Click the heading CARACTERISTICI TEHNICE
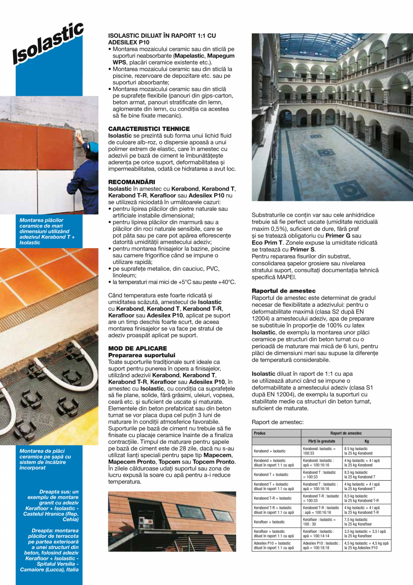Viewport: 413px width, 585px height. click(x=149, y=129)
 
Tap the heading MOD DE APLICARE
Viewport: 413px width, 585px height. click(x=137, y=348)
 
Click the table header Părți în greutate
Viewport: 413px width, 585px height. click(x=322, y=442)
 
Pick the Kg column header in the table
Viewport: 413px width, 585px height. click(x=367, y=442)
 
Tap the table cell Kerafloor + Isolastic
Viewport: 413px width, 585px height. click(x=269, y=522)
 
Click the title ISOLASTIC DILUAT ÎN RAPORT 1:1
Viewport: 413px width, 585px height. click(x=162, y=38)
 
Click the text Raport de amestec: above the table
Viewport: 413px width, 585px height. click(x=277, y=422)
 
